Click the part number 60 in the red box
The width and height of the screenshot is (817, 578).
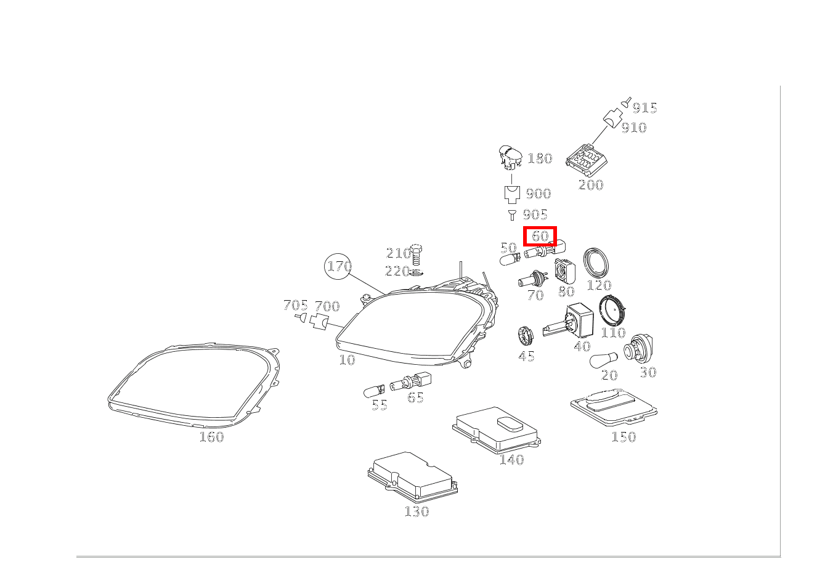(x=540, y=236)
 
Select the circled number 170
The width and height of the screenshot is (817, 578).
(x=339, y=266)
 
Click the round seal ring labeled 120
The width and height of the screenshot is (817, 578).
(x=598, y=262)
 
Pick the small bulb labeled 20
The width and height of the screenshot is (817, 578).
(x=603, y=361)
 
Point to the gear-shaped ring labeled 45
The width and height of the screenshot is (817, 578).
(x=526, y=336)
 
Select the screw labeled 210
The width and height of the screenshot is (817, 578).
(x=416, y=252)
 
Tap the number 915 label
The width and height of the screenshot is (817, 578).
(x=644, y=108)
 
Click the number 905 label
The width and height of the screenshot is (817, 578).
(x=535, y=214)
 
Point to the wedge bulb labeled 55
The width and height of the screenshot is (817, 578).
(x=374, y=389)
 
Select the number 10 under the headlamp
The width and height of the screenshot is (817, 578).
(x=347, y=360)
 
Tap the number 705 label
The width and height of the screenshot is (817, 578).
(x=295, y=306)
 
